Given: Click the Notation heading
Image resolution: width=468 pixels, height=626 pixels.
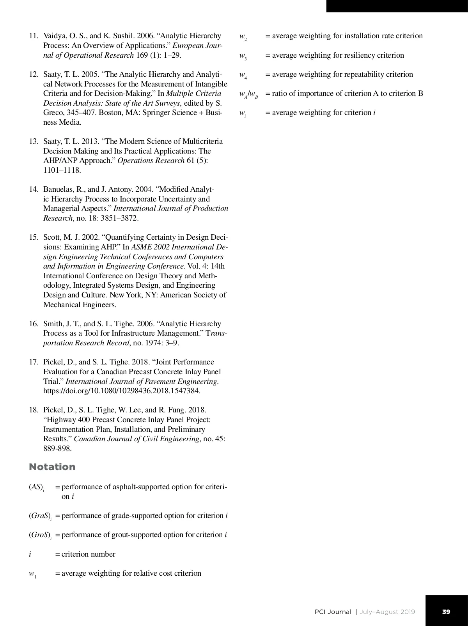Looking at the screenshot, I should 52,467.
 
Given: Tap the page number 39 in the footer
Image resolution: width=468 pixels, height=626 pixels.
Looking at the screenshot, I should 446,612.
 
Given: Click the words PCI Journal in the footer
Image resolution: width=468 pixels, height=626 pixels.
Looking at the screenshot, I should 333,612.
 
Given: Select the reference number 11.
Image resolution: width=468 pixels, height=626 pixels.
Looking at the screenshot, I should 34,36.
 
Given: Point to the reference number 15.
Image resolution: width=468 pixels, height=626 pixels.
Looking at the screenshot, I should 34,237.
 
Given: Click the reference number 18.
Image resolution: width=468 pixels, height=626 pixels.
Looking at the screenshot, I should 34,410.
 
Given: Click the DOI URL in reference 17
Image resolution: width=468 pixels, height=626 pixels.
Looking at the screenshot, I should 122,391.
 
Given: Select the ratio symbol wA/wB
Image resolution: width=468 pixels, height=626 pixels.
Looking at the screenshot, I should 248,94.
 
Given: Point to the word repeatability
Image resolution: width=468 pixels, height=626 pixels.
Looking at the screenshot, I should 362,74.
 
